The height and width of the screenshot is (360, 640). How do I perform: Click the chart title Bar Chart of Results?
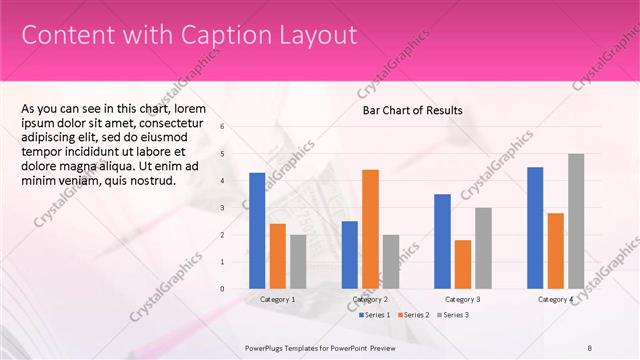point(412,110)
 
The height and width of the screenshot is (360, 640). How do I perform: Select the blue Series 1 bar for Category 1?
point(257,231)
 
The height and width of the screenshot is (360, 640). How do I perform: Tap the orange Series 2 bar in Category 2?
point(370,229)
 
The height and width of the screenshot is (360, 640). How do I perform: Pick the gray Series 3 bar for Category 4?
point(575,221)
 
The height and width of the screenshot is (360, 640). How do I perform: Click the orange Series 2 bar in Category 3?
point(462,264)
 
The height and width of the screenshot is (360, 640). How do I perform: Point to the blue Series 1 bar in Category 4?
point(535,228)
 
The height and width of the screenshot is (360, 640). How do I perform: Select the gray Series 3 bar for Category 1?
point(298,261)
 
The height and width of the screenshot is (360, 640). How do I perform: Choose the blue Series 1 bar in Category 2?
point(349,255)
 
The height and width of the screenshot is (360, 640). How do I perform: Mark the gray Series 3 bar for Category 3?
point(483,248)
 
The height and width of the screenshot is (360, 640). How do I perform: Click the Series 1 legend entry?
point(375,315)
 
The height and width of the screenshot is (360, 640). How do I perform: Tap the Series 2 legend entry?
point(412,315)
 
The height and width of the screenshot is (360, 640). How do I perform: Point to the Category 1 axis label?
point(277,299)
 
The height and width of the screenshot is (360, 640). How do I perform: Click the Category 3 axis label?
point(463,299)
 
